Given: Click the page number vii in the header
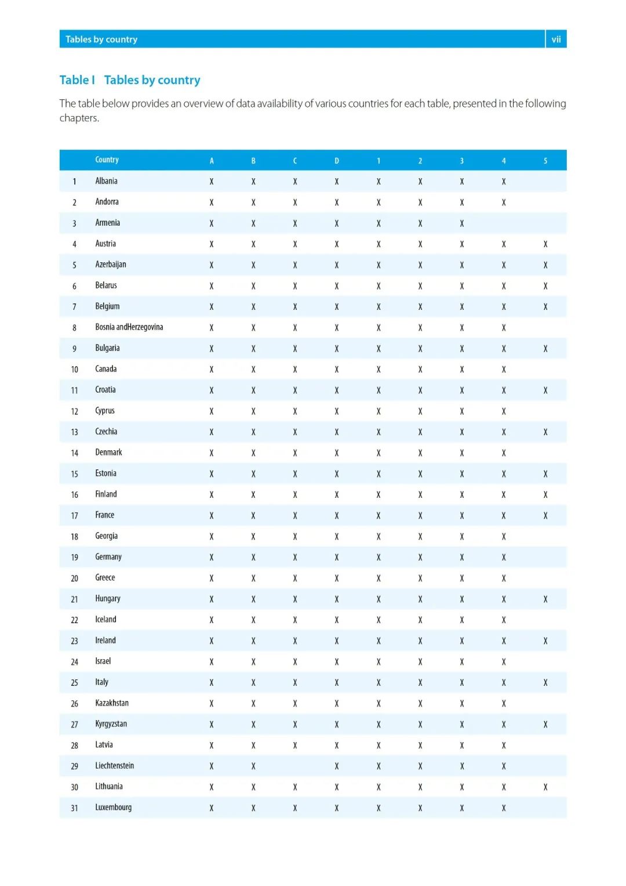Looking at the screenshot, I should [556, 39].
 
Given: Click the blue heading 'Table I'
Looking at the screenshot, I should [77, 80].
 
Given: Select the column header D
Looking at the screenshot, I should [337, 161].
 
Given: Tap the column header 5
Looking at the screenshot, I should [545, 161].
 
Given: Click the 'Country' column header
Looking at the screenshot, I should [107, 160].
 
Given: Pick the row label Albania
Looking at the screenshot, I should [106, 181].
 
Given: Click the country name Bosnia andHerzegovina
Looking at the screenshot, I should [129, 327].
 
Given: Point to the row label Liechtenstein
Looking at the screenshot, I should [114, 766].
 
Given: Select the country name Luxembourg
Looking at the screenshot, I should [113, 808].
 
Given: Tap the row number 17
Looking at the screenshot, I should [74, 516].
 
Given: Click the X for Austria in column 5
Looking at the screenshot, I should [545, 244].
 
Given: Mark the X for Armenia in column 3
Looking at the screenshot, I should [462, 223].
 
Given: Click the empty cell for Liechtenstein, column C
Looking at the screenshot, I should [295, 766].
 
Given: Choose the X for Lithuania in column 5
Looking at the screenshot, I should [545, 787].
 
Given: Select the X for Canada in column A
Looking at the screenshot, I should [212, 370].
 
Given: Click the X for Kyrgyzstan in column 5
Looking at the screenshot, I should [545, 725].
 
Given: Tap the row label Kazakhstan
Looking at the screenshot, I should [112, 703].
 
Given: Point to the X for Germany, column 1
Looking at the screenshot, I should [378, 558].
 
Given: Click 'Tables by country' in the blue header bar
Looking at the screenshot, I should [101, 39].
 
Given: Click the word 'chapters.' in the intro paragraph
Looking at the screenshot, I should [79, 118].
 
